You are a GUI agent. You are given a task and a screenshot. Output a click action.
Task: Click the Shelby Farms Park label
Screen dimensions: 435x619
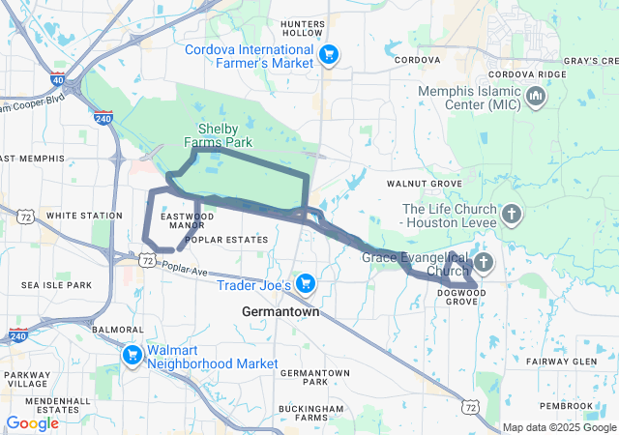pos(224,135)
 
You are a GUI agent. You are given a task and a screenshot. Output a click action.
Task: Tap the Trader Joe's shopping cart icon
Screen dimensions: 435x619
pos(306,283)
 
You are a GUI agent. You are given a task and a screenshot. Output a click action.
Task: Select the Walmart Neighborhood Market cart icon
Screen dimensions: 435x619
pos(131,356)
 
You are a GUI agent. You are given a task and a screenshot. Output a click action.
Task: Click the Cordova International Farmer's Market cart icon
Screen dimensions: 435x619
pos(329,54)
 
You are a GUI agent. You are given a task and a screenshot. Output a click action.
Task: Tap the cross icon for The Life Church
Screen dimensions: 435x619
pos(512,212)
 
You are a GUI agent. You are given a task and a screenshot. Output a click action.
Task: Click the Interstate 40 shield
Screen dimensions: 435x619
pos(58,80)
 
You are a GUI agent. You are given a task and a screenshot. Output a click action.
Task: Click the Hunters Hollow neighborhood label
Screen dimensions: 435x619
pos(301,27)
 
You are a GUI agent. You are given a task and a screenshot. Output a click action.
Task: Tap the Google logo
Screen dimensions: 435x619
pos(32,423)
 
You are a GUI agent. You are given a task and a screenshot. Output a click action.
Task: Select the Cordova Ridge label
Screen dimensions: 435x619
pos(526,73)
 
